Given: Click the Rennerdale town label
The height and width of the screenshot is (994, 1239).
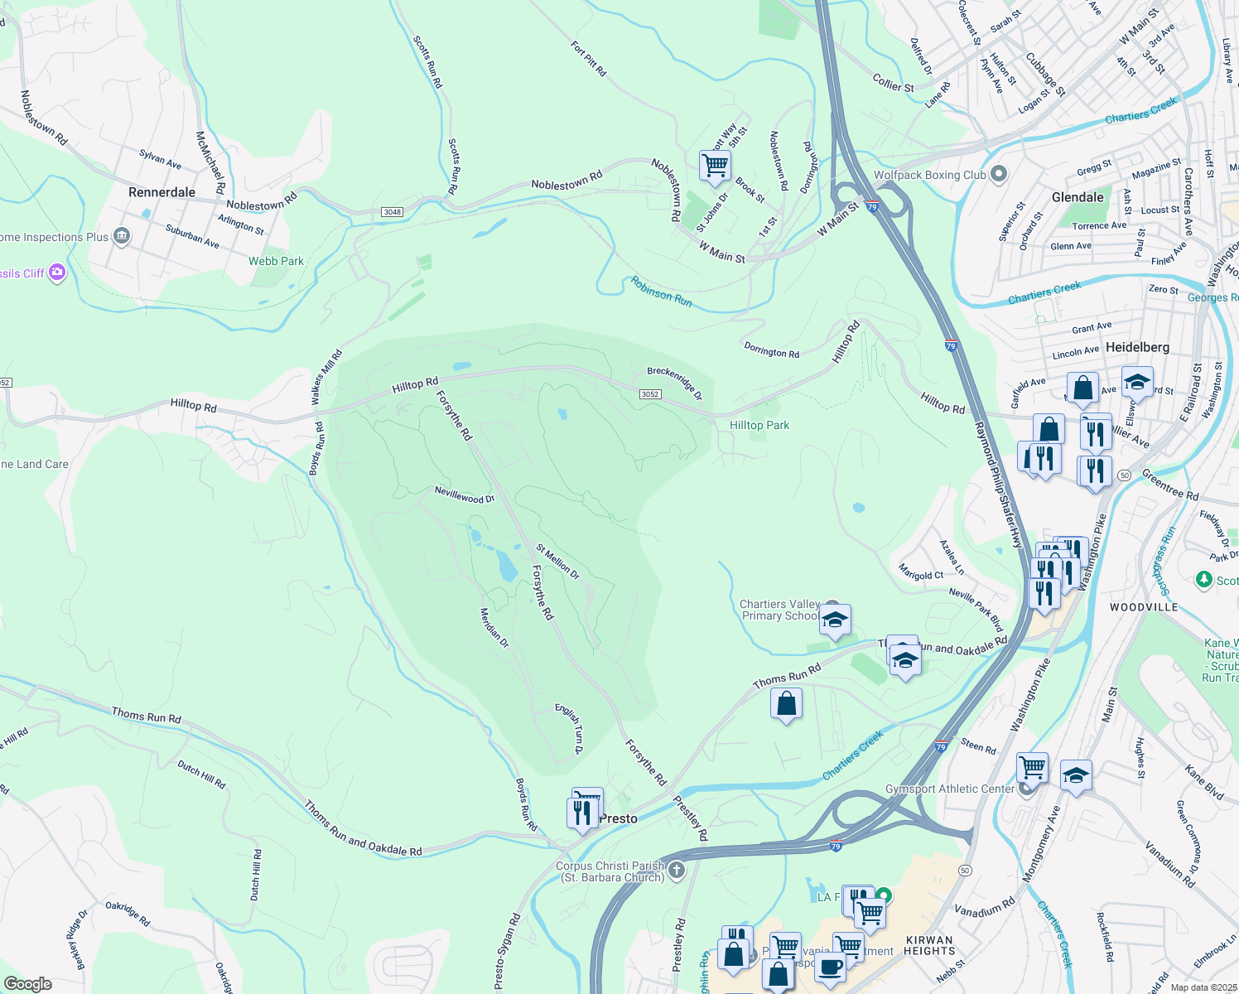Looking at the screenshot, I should click(162, 192).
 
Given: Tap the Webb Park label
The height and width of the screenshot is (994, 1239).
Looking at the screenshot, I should click(276, 261).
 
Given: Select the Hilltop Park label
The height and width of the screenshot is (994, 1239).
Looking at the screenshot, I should click(759, 425).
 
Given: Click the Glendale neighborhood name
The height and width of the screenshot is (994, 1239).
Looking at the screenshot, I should click(1077, 197).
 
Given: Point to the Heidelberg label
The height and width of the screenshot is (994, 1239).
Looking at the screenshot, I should click(1137, 347).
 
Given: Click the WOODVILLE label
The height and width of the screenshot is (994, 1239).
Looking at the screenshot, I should click(1144, 607).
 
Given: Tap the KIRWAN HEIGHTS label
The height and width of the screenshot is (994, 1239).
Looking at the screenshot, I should click(929, 945).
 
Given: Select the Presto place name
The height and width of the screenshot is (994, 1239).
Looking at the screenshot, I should click(619, 818).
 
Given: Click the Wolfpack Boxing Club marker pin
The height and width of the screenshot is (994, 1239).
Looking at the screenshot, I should click(999, 174).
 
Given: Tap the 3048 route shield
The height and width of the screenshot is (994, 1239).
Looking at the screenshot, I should click(393, 212).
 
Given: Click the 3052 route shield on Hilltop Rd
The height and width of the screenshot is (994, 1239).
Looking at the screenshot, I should click(650, 394).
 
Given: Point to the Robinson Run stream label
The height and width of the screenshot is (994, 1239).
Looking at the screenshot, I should click(661, 292).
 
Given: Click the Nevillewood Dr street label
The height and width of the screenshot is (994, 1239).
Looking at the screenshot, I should click(465, 495).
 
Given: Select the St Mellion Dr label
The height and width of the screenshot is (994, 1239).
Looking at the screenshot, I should click(557, 561).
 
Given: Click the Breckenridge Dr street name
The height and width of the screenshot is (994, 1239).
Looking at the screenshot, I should click(674, 384).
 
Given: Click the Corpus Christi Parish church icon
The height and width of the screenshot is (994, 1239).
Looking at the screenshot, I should click(677, 870).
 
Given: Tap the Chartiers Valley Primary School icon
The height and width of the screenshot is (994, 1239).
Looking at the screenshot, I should click(835, 619).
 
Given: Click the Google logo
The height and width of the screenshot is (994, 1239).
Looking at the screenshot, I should click(27, 984).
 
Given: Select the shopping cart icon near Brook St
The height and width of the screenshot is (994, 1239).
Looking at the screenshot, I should click(715, 164).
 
